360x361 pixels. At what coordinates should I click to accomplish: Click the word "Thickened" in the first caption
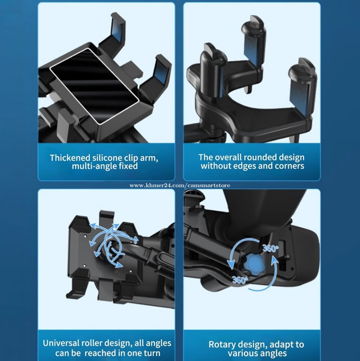click(70, 158)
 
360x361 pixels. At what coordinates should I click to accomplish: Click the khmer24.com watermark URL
click(180, 185)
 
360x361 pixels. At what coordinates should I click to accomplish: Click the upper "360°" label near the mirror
click(271, 248)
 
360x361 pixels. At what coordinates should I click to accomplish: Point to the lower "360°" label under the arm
click(240, 280)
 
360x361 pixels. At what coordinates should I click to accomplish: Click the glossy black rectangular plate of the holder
click(94, 86)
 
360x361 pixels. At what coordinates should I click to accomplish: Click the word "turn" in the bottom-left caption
click(151, 353)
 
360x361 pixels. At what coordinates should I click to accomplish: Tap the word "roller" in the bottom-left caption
click(93, 343)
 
